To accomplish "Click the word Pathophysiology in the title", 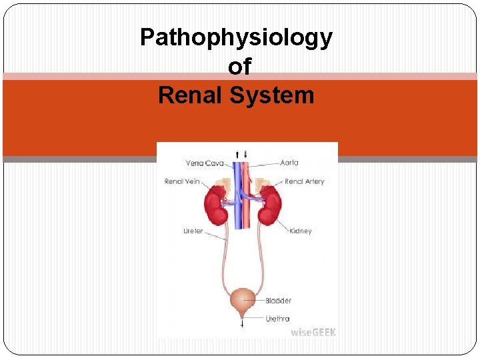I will pos(236,38).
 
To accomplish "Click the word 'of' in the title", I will pos(239,67).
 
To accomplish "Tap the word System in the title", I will pos(272,95).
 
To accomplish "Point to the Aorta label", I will pos(289,162).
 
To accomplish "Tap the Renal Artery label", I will pos(304,181).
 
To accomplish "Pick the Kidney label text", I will pos(301,231).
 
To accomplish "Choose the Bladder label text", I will pos(278,301).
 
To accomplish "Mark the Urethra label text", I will pos(277,319).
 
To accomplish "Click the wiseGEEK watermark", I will pos(313,331).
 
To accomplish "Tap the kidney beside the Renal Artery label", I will pos(270,205).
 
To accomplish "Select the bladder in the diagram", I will pos(242,301).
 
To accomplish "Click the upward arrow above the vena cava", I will pos(237,154).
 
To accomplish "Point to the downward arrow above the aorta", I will pos(245,154).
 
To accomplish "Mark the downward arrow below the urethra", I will pos(242,325).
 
